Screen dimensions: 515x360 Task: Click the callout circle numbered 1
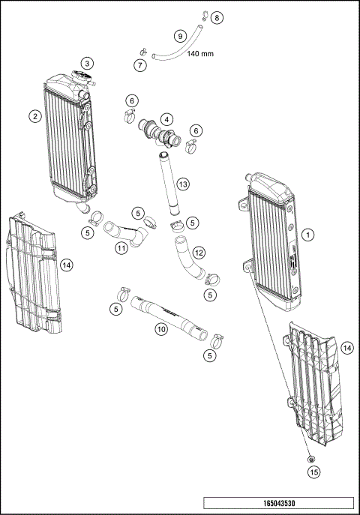point(308,234)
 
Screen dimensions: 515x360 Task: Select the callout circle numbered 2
point(35,115)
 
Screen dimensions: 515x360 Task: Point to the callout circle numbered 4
point(165,118)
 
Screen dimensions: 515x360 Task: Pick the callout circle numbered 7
point(139,66)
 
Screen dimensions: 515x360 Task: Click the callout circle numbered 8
point(217,16)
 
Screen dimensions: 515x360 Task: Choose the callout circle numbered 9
point(179,35)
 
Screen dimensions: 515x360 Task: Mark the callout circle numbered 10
point(161,329)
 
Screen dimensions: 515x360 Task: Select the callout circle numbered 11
point(120,247)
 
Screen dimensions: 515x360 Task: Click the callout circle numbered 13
point(181,184)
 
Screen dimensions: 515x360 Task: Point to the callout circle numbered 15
point(314,472)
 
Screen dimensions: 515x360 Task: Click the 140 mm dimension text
point(198,54)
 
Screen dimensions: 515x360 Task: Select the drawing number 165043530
point(278,506)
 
